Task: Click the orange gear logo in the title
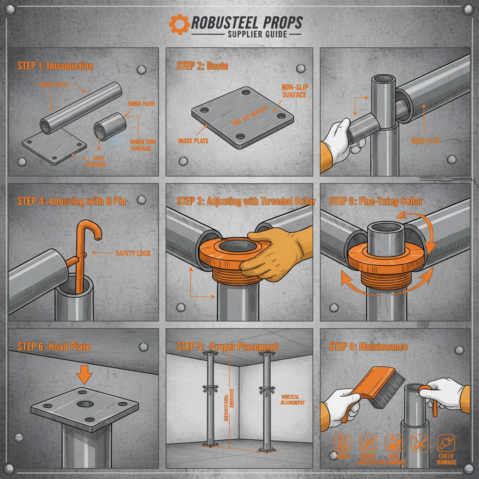(x=179, y=23)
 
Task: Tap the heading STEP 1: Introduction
(x=55, y=65)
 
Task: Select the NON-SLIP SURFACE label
(x=294, y=91)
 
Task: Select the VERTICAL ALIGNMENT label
(x=293, y=399)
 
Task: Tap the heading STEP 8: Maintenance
(x=368, y=347)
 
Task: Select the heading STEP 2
(x=202, y=65)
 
